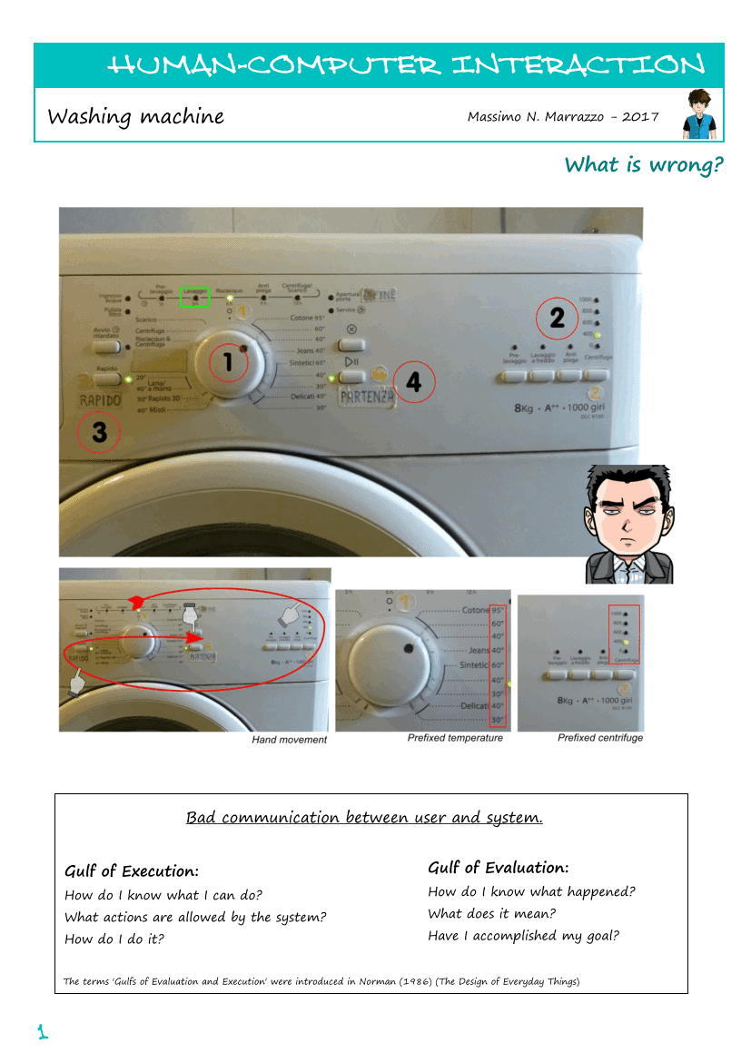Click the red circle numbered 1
[228, 362]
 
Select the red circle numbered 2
[557, 317]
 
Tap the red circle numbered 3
[99, 433]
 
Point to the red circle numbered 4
[413, 383]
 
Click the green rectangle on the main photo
[194, 297]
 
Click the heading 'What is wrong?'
[644, 164]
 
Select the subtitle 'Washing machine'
[135, 116]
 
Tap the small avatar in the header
[699, 114]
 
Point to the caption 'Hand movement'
[289, 740]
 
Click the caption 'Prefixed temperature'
[455, 738]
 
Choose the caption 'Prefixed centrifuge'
[600, 738]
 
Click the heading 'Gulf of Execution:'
[132, 871]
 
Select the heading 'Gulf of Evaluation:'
[499, 868]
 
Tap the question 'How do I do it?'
[114, 939]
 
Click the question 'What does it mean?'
[491, 914]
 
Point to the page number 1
[42, 1031]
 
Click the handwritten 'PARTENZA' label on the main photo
[367, 397]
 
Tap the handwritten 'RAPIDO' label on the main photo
[100, 400]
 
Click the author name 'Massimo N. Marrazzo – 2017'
[563, 117]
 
